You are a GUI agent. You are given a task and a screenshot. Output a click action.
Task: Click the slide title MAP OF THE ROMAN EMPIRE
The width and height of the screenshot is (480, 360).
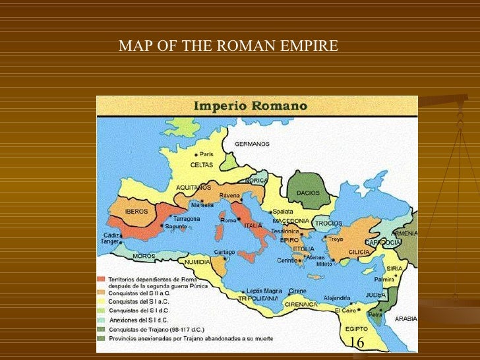228,46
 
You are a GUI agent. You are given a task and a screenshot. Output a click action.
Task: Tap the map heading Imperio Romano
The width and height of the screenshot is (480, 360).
249,105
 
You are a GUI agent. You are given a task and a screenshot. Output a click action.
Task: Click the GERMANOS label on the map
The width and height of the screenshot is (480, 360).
253,144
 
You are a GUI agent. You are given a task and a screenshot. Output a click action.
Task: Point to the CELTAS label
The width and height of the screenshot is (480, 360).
201,164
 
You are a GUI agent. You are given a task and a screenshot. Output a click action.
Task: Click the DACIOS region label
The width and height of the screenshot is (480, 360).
308,193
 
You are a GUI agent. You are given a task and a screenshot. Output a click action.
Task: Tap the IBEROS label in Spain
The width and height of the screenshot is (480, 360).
136,212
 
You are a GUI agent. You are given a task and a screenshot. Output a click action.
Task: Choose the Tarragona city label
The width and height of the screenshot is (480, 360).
186,218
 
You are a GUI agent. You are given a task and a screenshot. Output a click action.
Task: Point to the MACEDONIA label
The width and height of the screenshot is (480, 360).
290,221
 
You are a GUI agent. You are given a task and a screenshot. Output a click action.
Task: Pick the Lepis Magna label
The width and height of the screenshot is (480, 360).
262,291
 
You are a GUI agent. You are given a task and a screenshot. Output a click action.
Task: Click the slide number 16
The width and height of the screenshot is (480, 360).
357,343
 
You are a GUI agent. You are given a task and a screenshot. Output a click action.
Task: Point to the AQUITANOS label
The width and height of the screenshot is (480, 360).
193,187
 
